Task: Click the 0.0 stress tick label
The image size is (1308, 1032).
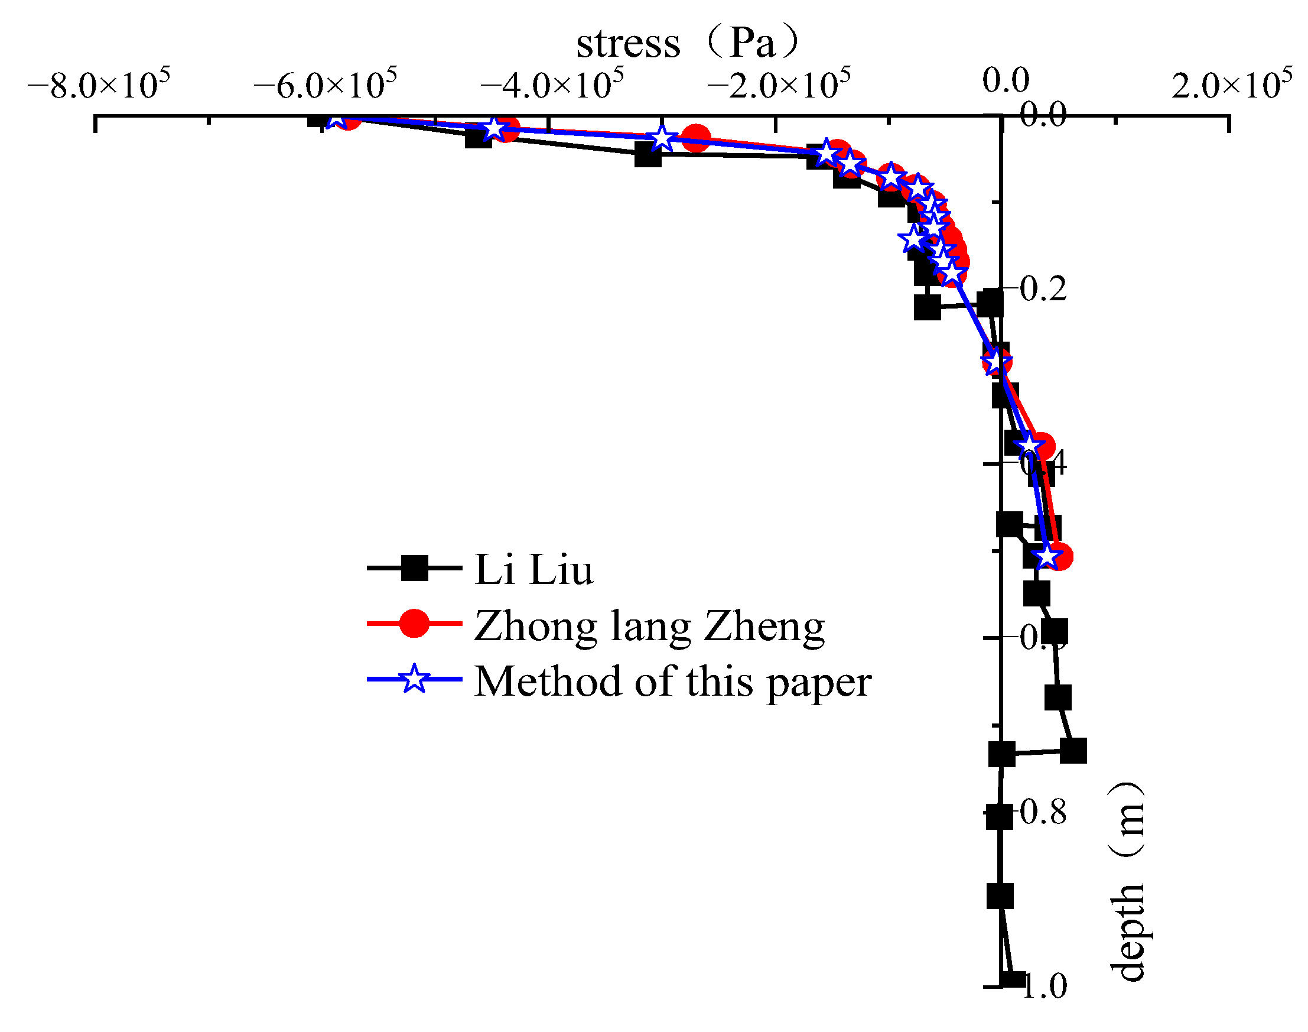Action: (1006, 80)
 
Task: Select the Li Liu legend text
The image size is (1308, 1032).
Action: (534, 569)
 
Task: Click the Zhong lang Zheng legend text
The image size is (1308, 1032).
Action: (649, 626)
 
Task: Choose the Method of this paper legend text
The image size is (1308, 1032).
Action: (672, 681)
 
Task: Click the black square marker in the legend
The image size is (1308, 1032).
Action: (415, 568)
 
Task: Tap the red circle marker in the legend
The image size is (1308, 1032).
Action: (415, 624)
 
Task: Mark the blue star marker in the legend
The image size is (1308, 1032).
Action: (415, 679)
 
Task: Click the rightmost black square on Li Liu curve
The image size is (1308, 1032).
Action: (1073, 751)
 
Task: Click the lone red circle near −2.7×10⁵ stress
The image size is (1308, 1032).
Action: (696, 138)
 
